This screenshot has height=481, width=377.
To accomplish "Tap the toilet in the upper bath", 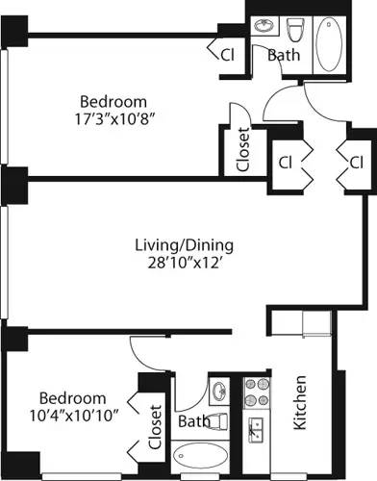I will (x=295, y=29).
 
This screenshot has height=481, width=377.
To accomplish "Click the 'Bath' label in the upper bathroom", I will (x=283, y=55).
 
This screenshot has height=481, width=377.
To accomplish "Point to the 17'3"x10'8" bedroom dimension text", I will (x=113, y=120).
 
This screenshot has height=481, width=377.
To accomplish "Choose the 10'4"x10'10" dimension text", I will (x=72, y=418).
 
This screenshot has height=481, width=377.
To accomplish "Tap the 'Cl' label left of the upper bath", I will (x=228, y=55).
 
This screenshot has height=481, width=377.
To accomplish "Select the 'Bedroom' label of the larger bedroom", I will (x=113, y=101).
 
